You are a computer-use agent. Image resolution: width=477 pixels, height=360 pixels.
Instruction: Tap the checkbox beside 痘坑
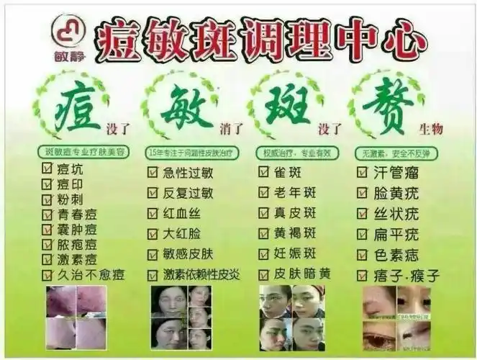(47, 168)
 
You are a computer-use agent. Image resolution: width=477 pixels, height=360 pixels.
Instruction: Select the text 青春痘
(79, 214)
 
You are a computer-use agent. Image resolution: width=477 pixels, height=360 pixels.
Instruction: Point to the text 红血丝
(183, 213)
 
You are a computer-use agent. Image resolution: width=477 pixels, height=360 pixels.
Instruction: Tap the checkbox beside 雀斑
(263, 172)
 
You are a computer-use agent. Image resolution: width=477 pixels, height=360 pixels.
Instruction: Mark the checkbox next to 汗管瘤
(363, 172)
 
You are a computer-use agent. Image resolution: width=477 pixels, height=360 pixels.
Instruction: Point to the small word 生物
(430, 129)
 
